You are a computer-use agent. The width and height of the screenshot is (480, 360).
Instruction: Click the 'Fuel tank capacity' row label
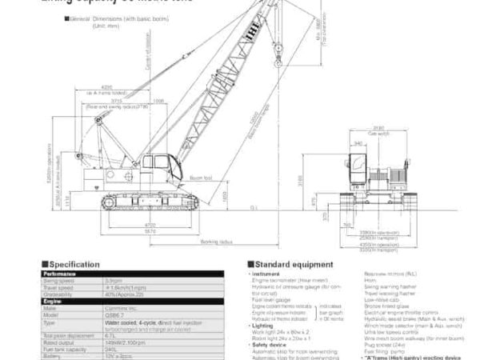[x=65, y=346]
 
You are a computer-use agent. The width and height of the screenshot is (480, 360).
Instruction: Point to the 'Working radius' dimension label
[x=217, y=240]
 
